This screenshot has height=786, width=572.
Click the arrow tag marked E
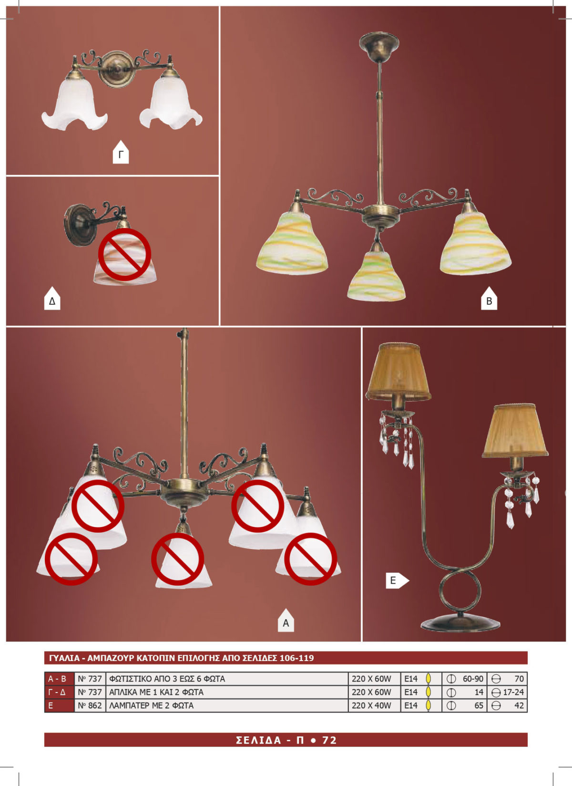point(397,580)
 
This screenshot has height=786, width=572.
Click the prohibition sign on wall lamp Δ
point(124,254)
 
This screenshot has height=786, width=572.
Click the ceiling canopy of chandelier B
point(379,47)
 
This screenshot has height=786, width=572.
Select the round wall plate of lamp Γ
point(117,69)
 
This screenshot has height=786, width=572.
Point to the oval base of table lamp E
point(460,623)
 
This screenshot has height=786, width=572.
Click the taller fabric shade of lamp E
point(398,372)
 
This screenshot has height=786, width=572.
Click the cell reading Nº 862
point(90,705)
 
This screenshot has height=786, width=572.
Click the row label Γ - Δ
point(57,692)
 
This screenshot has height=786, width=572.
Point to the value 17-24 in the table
point(513,692)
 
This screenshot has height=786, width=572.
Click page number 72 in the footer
point(329,740)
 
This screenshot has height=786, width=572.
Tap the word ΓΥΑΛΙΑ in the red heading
point(64,658)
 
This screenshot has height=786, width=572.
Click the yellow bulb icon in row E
point(428,705)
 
